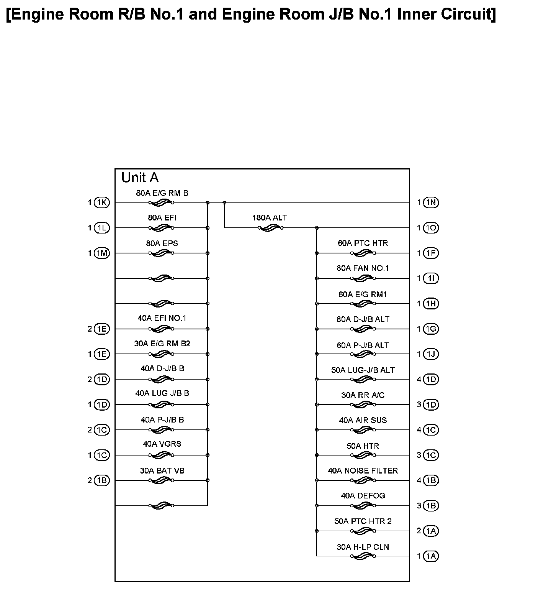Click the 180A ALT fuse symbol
click(x=271, y=228)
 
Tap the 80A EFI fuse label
click(x=162, y=218)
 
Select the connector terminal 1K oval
click(x=102, y=202)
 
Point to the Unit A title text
click(x=140, y=178)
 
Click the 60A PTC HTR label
click(x=363, y=243)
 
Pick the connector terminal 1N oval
click(x=431, y=202)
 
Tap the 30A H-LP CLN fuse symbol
click(x=363, y=556)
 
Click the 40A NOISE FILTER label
click(x=363, y=470)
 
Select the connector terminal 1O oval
click(x=431, y=228)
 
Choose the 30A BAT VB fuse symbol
click(x=162, y=480)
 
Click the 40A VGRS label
click(x=162, y=444)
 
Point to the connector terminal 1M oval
click(x=102, y=253)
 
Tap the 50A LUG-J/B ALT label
click(x=363, y=370)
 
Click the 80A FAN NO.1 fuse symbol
click(x=363, y=278)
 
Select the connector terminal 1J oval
click(x=431, y=354)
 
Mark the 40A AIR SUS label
click(x=363, y=420)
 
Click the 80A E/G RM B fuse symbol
click(x=162, y=202)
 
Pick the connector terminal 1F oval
click(x=431, y=253)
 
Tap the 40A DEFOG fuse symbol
click(x=363, y=505)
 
